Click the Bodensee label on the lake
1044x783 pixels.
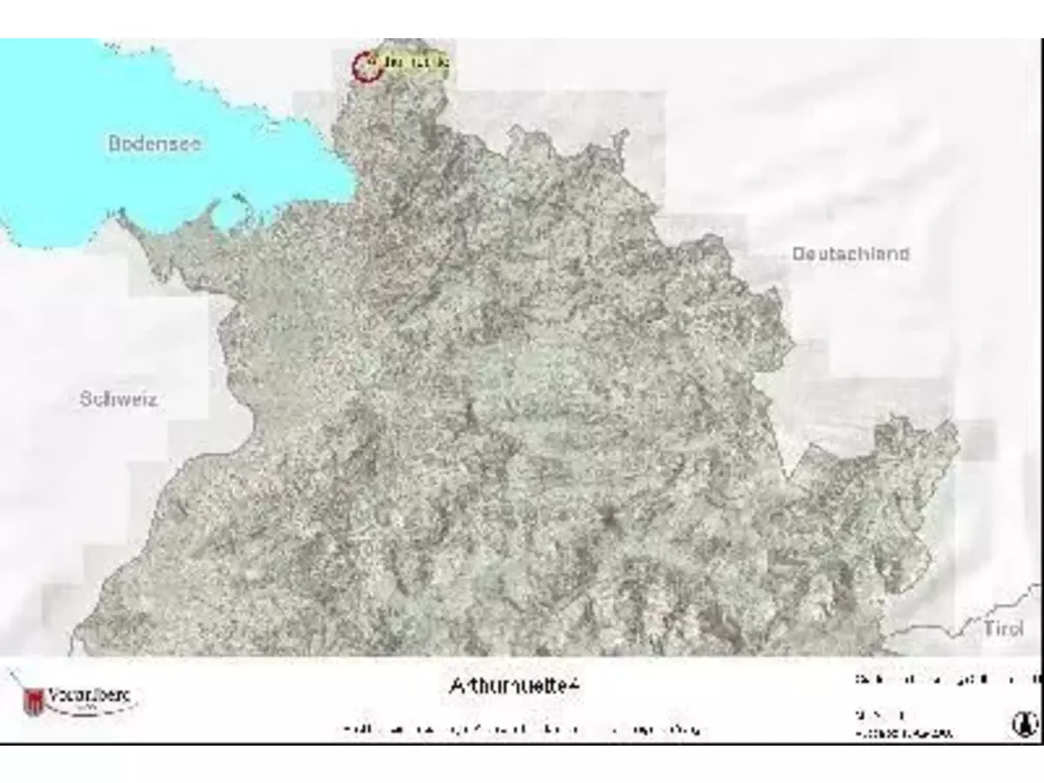click(x=154, y=144)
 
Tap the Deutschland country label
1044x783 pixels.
click(x=850, y=254)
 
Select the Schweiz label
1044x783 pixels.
click(x=118, y=399)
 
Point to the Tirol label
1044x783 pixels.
click(x=1002, y=628)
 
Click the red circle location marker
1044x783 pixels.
click(x=367, y=66)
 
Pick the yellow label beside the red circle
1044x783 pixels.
click(x=416, y=64)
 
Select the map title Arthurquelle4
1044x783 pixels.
click(x=514, y=686)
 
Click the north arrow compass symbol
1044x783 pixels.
click(x=1024, y=724)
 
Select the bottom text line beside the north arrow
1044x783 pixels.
click(x=903, y=733)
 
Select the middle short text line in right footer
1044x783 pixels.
click(x=880, y=714)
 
